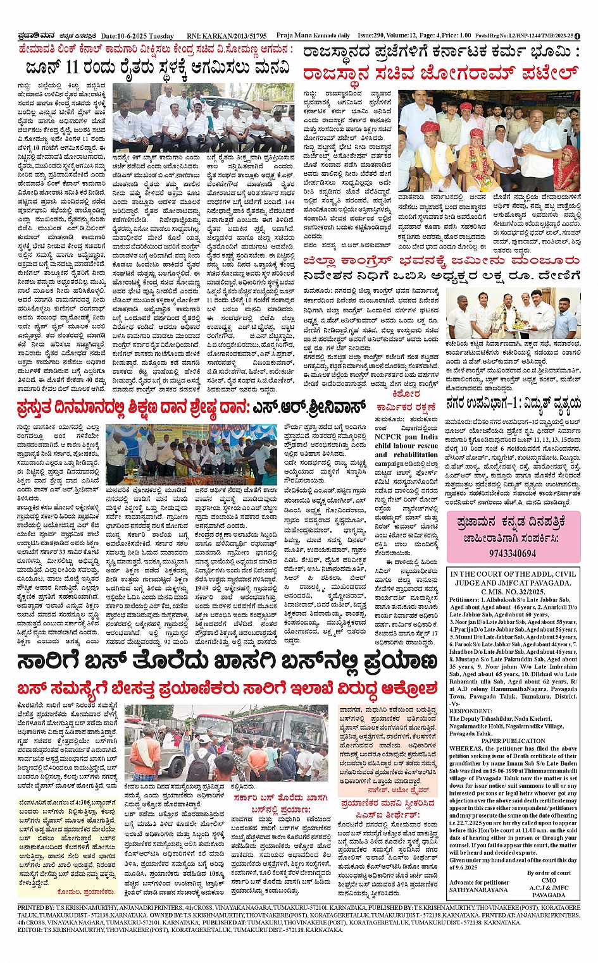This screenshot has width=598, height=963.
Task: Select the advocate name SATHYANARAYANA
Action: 478,890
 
